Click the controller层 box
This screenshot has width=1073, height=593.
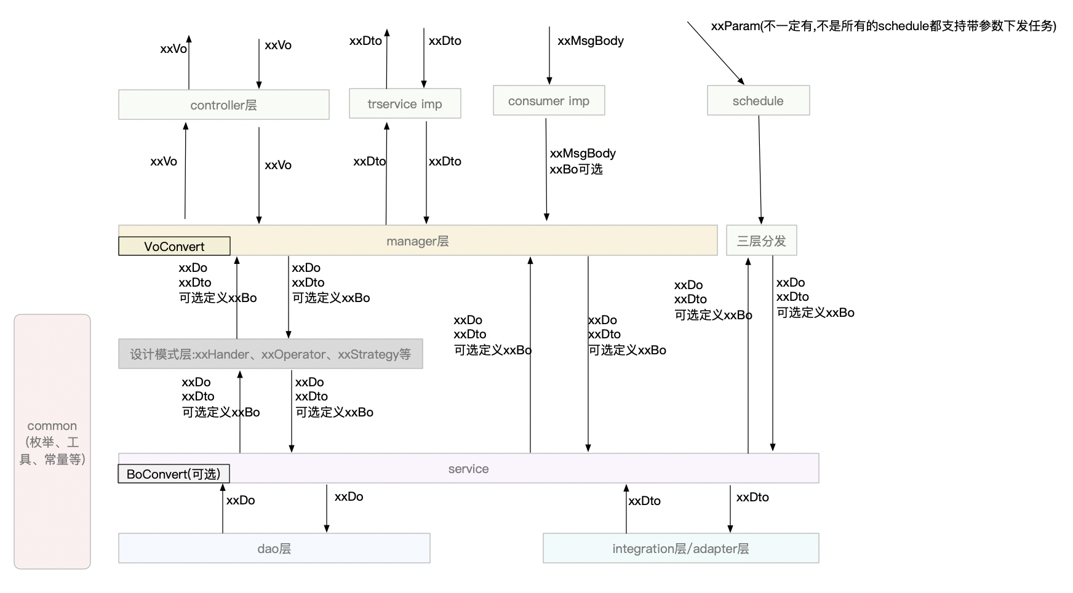tap(224, 105)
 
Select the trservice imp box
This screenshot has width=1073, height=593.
tap(405, 103)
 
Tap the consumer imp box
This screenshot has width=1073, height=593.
tap(549, 100)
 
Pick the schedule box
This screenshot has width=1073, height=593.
tap(758, 100)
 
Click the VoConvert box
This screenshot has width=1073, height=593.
tap(174, 246)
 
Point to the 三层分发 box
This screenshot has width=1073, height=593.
tap(762, 241)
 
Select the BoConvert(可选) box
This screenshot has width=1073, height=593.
tap(174, 474)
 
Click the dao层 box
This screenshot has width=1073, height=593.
tap(274, 548)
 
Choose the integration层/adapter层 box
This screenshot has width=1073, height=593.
tap(680, 548)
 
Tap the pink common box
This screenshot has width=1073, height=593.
tap(52, 442)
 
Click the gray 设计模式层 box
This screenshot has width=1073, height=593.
tap(271, 354)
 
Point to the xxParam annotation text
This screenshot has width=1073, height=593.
tap(884, 26)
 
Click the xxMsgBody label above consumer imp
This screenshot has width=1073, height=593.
tap(591, 41)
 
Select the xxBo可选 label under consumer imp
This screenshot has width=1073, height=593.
tap(576, 169)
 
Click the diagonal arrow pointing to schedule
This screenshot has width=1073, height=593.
tap(716, 53)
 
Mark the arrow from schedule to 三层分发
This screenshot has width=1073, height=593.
tap(760, 170)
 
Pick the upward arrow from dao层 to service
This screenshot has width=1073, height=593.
tap(223, 508)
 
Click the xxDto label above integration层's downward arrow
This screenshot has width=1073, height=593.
tap(752, 497)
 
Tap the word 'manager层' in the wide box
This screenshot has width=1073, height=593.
tap(418, 241)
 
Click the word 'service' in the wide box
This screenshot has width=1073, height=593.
tap(468, 469)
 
